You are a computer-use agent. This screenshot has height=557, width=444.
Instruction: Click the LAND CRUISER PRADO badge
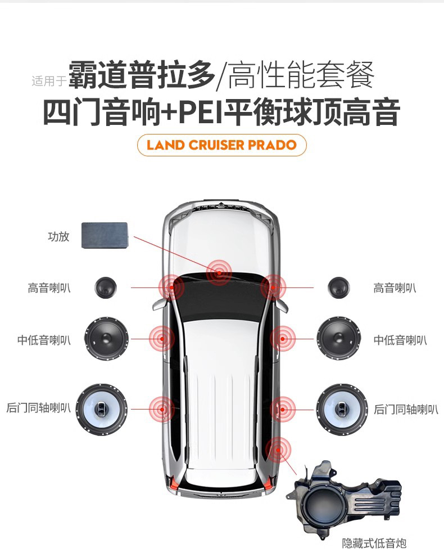click(x=221, y=145)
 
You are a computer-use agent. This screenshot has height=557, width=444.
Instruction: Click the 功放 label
click(x=58, y=236)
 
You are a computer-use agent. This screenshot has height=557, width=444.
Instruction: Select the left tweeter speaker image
click(x=105, y=288)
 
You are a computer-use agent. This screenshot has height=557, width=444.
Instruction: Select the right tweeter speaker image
click(x=339, y=288)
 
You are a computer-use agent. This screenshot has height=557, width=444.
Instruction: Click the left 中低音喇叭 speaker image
click(x=107, y=339)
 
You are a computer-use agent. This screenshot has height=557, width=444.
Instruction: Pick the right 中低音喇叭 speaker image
click(x=338, y=339)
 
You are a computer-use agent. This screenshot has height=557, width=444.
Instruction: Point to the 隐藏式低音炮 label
click(x=374, y=543)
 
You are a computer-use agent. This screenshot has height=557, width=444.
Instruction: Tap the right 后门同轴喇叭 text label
click(x=406, y=409)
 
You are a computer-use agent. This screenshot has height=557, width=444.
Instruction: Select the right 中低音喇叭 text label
click(x=400, y=340)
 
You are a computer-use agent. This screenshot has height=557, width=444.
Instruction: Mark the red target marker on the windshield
click(x=219, y=272)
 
